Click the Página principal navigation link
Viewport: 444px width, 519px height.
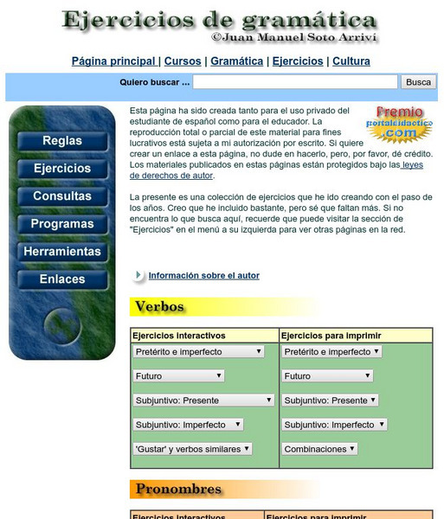pyautogui.click(x=113, y=61)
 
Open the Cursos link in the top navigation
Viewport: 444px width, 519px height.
pyautogui.click(x=183, y=61)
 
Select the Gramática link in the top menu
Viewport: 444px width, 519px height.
pyautogui.click(x=236, y=61)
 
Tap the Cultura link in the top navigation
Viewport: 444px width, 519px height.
pyautogui.click(x=351, y=61)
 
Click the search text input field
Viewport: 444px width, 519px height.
pyautogui.click(x=295, y=82)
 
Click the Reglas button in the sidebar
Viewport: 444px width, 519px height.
pyautogui.click(x=62, y=141)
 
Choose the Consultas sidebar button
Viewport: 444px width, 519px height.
pyautogui.click(x=62, y=196)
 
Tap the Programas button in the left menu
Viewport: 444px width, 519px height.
pyautogui.click(x=62, y=224)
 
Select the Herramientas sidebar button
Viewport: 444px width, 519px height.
pyautogui.click(x=62, y=252)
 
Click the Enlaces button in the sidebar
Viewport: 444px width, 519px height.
pyautogui.click(x=62, y=279)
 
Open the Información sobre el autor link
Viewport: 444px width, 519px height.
pyautogui.click(x=203, y=276)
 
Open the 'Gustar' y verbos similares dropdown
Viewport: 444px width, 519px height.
pyautogui.click(x=192, y=449)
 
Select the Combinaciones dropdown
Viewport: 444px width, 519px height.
pyautogui.click(x=319, y=449)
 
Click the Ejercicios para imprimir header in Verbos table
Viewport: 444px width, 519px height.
pyautogui.click(x=332, y=336)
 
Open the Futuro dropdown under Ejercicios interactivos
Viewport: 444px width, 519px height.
pyautogui.click(x=179, y=376)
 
